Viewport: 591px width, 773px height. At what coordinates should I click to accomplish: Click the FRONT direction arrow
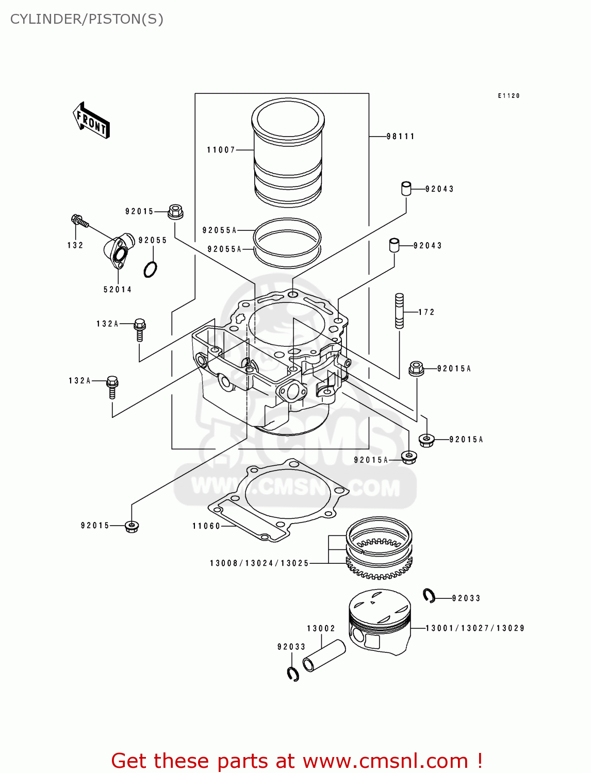click(x=91, y=120)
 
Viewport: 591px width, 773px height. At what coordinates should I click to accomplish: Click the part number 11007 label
click(x=221, y=150)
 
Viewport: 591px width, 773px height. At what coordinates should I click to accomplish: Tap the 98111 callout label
click(x=401, y=137)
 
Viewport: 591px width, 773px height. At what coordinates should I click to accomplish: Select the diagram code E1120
click(x=508, y=96)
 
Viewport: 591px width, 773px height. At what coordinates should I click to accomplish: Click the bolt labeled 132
click(x=79, y=222)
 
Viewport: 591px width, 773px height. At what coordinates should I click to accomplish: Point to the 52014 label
click(x=118, y=290)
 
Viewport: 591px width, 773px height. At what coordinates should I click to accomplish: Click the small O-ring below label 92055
click(x=150, y=269)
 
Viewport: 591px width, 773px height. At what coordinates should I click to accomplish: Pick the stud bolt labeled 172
click(x=399, y=311)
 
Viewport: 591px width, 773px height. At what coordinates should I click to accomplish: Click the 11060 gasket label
click(x=206, y=526)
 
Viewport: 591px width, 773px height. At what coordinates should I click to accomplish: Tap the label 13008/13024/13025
click(x=259, y=563)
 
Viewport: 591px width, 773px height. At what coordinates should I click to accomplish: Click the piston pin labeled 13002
click(x=323, y=655)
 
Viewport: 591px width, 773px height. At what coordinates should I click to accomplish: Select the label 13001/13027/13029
click(x=475, y=628)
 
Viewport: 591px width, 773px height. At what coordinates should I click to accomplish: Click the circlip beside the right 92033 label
click(x=429, y=596)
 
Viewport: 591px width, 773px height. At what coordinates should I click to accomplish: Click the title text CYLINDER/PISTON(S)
click(x=87, y=19)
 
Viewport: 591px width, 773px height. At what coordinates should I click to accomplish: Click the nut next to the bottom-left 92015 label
click(x=132, y=526)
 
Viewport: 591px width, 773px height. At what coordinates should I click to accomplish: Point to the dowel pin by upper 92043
click(x=406, y=188)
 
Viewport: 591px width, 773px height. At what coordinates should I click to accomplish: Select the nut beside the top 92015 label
click(x=175, y=211)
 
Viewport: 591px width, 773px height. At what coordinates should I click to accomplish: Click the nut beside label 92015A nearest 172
click(x=416, y=368)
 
